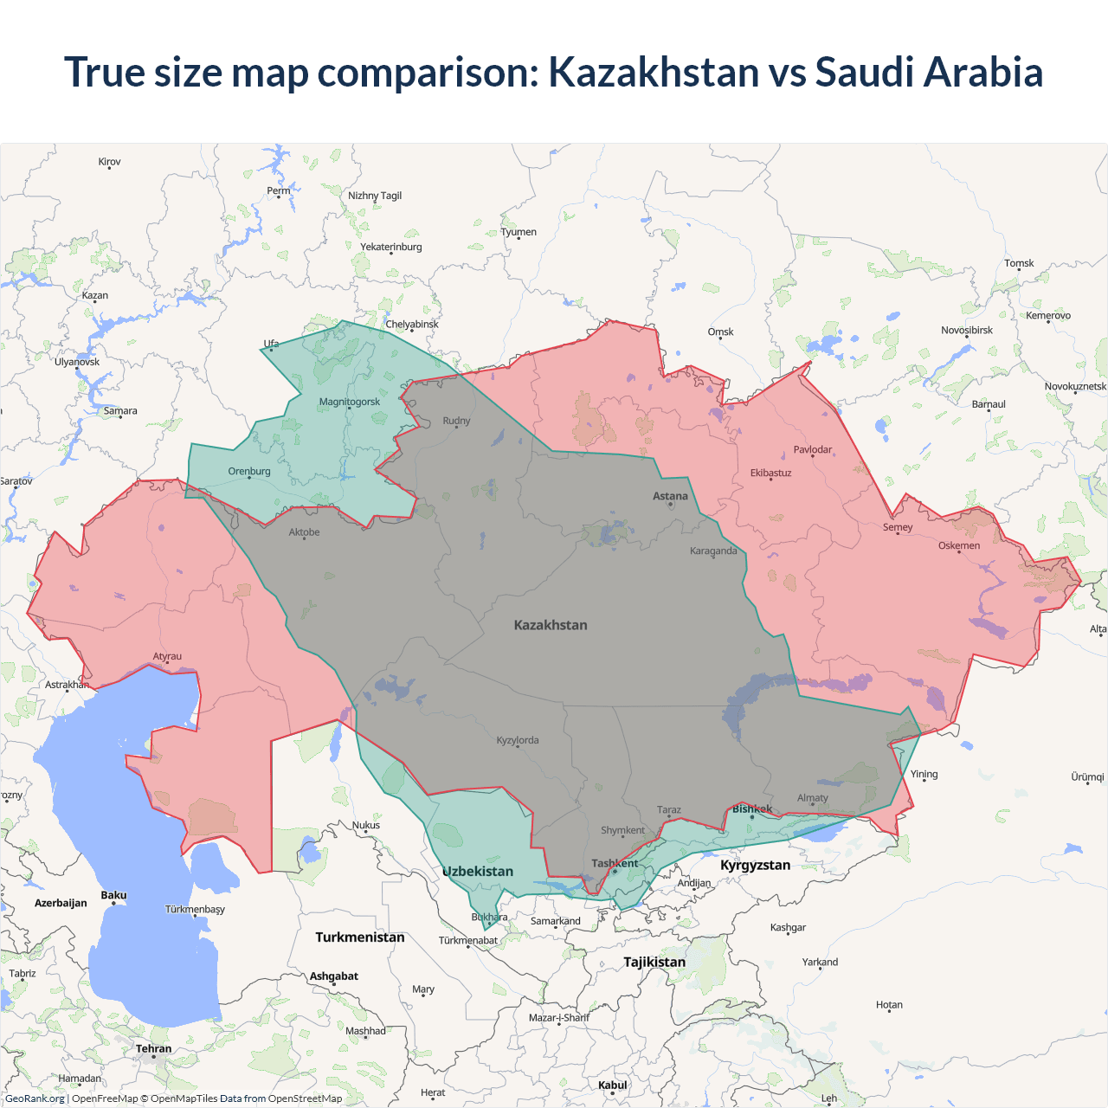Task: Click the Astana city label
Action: click(x=670, y=496)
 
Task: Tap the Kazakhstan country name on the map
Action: click(x=551, y=625)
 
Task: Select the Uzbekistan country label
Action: click(x=478, y=872)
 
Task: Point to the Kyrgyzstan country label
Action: click(x=755, y=865)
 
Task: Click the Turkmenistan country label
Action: click(x=360, y=937)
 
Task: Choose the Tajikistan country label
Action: click(x=654, y=962)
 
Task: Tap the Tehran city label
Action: click(x=153, y=1048)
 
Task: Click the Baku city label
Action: click(x=113, y=895)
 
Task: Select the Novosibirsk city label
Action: click(x=967, y=330)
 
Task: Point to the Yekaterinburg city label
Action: click(x=391, y=247)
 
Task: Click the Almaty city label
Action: click(x=812, y=798)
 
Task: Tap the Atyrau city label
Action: click(x=167, y=656)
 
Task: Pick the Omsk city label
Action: click(x=720, y=332)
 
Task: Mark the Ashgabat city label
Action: click(x=333, y=976)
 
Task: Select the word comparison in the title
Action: click(x=428, y=72)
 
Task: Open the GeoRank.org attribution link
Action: click(x=35, y=1098)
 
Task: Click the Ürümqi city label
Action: click(x=1087, y=776)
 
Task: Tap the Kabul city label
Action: click(x=612, y=1085)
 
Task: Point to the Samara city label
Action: click(x=120, y=411)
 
